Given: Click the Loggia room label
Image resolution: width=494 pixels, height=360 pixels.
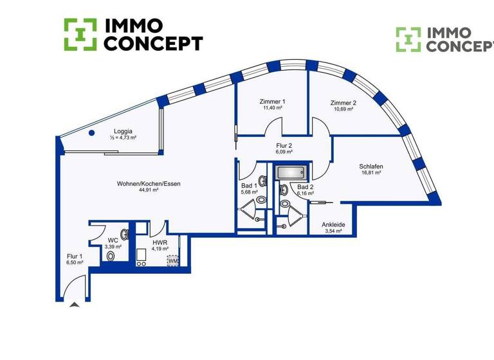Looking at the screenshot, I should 123,131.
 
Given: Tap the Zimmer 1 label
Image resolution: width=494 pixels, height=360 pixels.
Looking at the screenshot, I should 272,102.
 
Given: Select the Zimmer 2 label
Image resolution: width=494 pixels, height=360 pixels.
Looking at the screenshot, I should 343,103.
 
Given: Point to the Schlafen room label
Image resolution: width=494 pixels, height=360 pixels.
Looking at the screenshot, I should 371,166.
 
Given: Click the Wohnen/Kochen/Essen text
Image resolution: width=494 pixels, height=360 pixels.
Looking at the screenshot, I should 149,184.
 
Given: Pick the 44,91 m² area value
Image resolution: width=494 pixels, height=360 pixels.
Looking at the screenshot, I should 149,190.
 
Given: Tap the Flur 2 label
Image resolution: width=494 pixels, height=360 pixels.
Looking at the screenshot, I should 283,145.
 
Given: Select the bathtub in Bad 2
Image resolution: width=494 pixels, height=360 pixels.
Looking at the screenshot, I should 291,172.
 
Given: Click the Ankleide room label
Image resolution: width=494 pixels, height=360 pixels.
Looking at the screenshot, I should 333,224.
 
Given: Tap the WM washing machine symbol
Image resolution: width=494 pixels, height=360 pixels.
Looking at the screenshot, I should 173,261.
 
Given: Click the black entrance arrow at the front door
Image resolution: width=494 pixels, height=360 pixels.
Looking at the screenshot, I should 75,305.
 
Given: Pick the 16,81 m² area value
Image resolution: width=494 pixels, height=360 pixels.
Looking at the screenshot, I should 371,173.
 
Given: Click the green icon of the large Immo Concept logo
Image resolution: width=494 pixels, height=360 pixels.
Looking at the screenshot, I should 80,34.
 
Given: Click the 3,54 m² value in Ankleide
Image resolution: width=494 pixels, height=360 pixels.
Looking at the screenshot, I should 333,231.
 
